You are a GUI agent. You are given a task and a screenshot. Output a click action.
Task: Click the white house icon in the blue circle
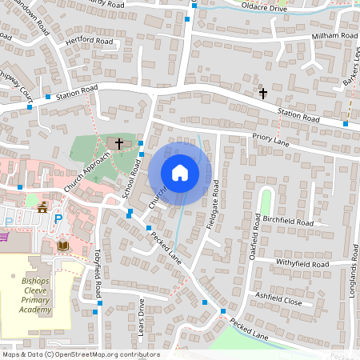pyautogui.click(x=180, y=173)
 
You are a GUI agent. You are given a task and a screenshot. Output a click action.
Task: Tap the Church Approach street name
pyautogui.click(x=85, y=172)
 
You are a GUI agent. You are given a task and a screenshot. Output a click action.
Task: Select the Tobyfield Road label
pyautogui.click(x=97, y=271)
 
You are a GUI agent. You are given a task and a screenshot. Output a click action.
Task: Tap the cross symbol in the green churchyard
pyautogui.click(x=119, y=144)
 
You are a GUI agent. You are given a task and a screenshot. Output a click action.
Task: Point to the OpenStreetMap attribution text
pyautogui.click(x=80, y=354)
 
